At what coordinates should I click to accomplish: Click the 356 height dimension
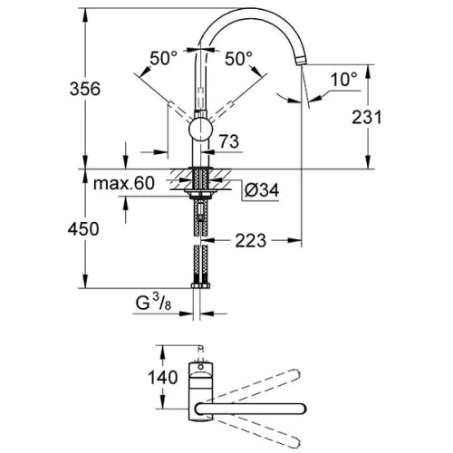click(x=85, y=89)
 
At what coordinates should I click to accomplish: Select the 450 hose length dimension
click(x=83, y=229)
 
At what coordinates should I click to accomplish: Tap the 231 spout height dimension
click(x=367, y=118)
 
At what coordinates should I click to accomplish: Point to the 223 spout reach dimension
click(x=251, y=241)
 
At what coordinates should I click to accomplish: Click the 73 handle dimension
click(x=229, y=141)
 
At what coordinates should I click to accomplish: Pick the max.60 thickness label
click(x=124, y=183)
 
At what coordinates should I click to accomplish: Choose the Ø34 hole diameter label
click(x=262, y=190)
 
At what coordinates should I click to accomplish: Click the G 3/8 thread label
click(x=153, y=303)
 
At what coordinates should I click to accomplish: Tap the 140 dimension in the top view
click(x=162, y=378)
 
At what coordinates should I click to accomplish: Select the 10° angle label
click(x=343, y=79)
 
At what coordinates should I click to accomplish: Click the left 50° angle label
click(x=163, y=58)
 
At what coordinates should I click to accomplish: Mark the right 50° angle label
click(x=238, y=58)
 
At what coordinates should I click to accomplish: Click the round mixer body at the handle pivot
click(x=201, y=130)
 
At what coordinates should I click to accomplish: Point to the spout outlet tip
click(x=301, y=61)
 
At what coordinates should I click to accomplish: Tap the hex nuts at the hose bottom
click(x=200, y=285)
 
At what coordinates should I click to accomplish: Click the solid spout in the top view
click(x=251, y=409)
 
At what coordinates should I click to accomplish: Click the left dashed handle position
click(x=181, y=111)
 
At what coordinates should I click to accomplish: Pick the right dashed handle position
click(x=220, y=111)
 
